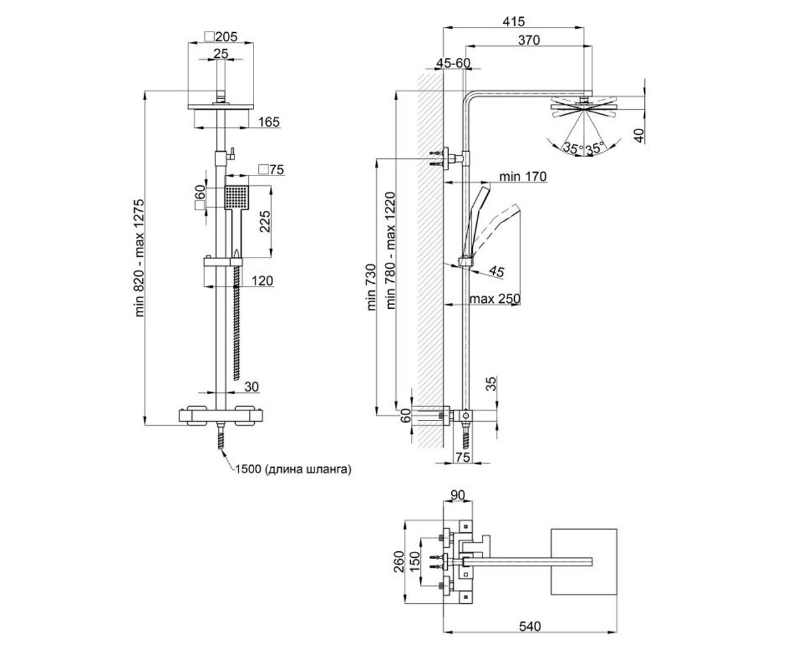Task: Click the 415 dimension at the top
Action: tap(514, 22)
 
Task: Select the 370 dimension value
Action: tap(529, 40)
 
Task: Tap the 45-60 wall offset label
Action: tap(453, 63)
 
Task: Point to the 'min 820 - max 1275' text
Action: tap(139, 258)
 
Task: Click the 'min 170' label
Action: tap(523, 176)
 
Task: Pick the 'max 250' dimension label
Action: tap(494, 299)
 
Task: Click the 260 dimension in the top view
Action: tap(399, 562)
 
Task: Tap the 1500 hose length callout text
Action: tap(294, 469)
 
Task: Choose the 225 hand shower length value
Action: tap(265, 221)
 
